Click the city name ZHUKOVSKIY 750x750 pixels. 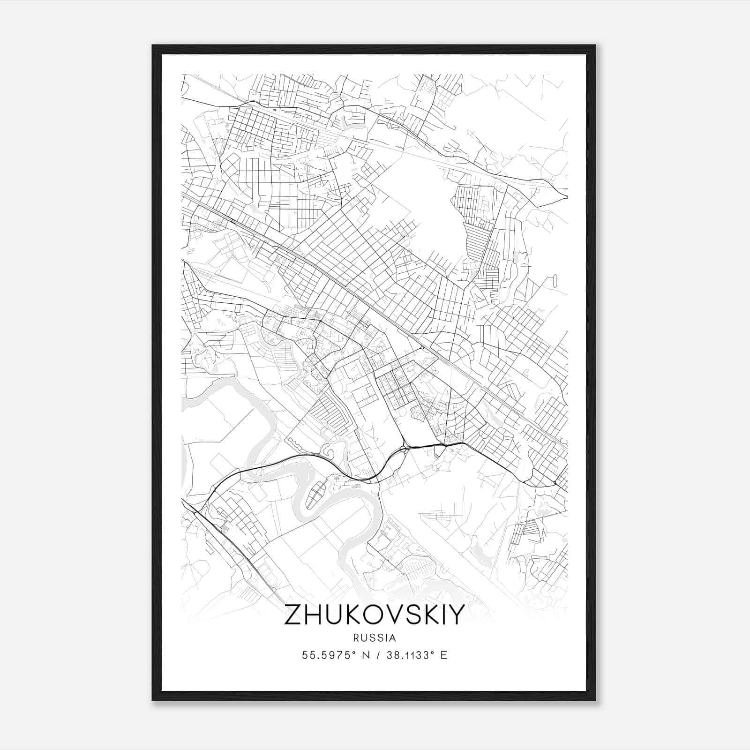tap(375, 615)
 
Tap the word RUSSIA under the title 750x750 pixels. tap(375, 638)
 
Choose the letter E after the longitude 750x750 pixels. tap(444, 655)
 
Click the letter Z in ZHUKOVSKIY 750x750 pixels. tap(293, 615)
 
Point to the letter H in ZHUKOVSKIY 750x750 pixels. tap(313, 615)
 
